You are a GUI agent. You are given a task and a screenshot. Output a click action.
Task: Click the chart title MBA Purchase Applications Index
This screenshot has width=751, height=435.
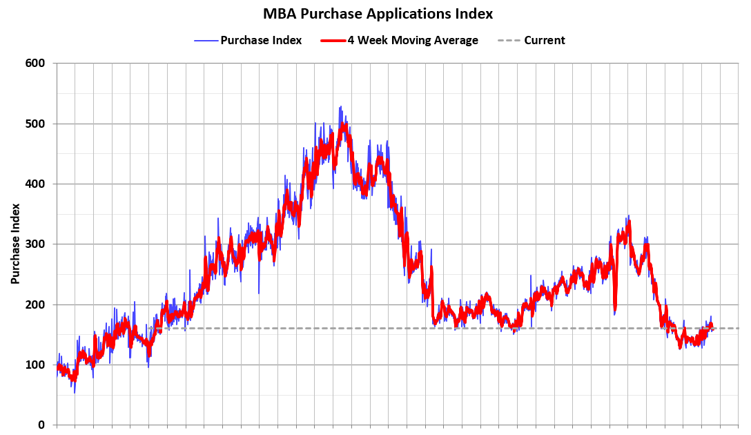click(x=378, y=14)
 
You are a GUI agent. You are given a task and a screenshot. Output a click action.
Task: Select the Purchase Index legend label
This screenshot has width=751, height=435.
click(x=261, y=40)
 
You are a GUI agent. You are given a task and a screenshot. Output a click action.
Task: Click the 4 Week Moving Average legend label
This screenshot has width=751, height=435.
click(x=412, y=40)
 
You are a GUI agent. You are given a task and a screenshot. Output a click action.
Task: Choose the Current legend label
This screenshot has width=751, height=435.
click(x=544, y=40)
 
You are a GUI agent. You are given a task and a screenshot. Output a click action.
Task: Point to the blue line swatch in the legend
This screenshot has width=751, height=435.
click(x=205, y=40)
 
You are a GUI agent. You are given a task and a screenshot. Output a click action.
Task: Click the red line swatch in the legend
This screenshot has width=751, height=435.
click(x=333, y=40)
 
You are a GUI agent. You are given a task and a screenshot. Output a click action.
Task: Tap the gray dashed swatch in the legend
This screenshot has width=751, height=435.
click(x=509, y=40)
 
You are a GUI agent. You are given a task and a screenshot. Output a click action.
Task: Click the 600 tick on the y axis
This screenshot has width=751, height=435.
click(x=35, y=64)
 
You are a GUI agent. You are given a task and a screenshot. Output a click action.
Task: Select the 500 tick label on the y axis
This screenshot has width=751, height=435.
click(x=35, y=124)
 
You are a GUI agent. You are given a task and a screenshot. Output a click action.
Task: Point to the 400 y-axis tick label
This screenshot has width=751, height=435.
click(x=35, y=184)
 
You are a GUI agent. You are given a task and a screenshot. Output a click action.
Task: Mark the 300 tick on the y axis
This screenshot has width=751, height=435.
click(x=35, y=244)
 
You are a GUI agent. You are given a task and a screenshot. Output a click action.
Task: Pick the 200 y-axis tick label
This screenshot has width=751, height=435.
click(x=35, y=304)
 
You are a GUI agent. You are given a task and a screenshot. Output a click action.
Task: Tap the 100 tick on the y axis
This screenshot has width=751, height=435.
click(x=35, y=365)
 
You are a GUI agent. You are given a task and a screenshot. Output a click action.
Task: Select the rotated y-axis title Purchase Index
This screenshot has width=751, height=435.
click(x=14, y=244)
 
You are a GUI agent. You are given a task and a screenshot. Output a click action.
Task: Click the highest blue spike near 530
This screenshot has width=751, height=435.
click(x=340, y=107)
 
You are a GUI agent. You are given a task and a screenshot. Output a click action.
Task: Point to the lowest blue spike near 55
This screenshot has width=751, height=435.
click(x=75, y=391)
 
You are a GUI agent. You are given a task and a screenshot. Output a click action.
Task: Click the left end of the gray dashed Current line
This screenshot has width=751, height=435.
click(x=147, y=328)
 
